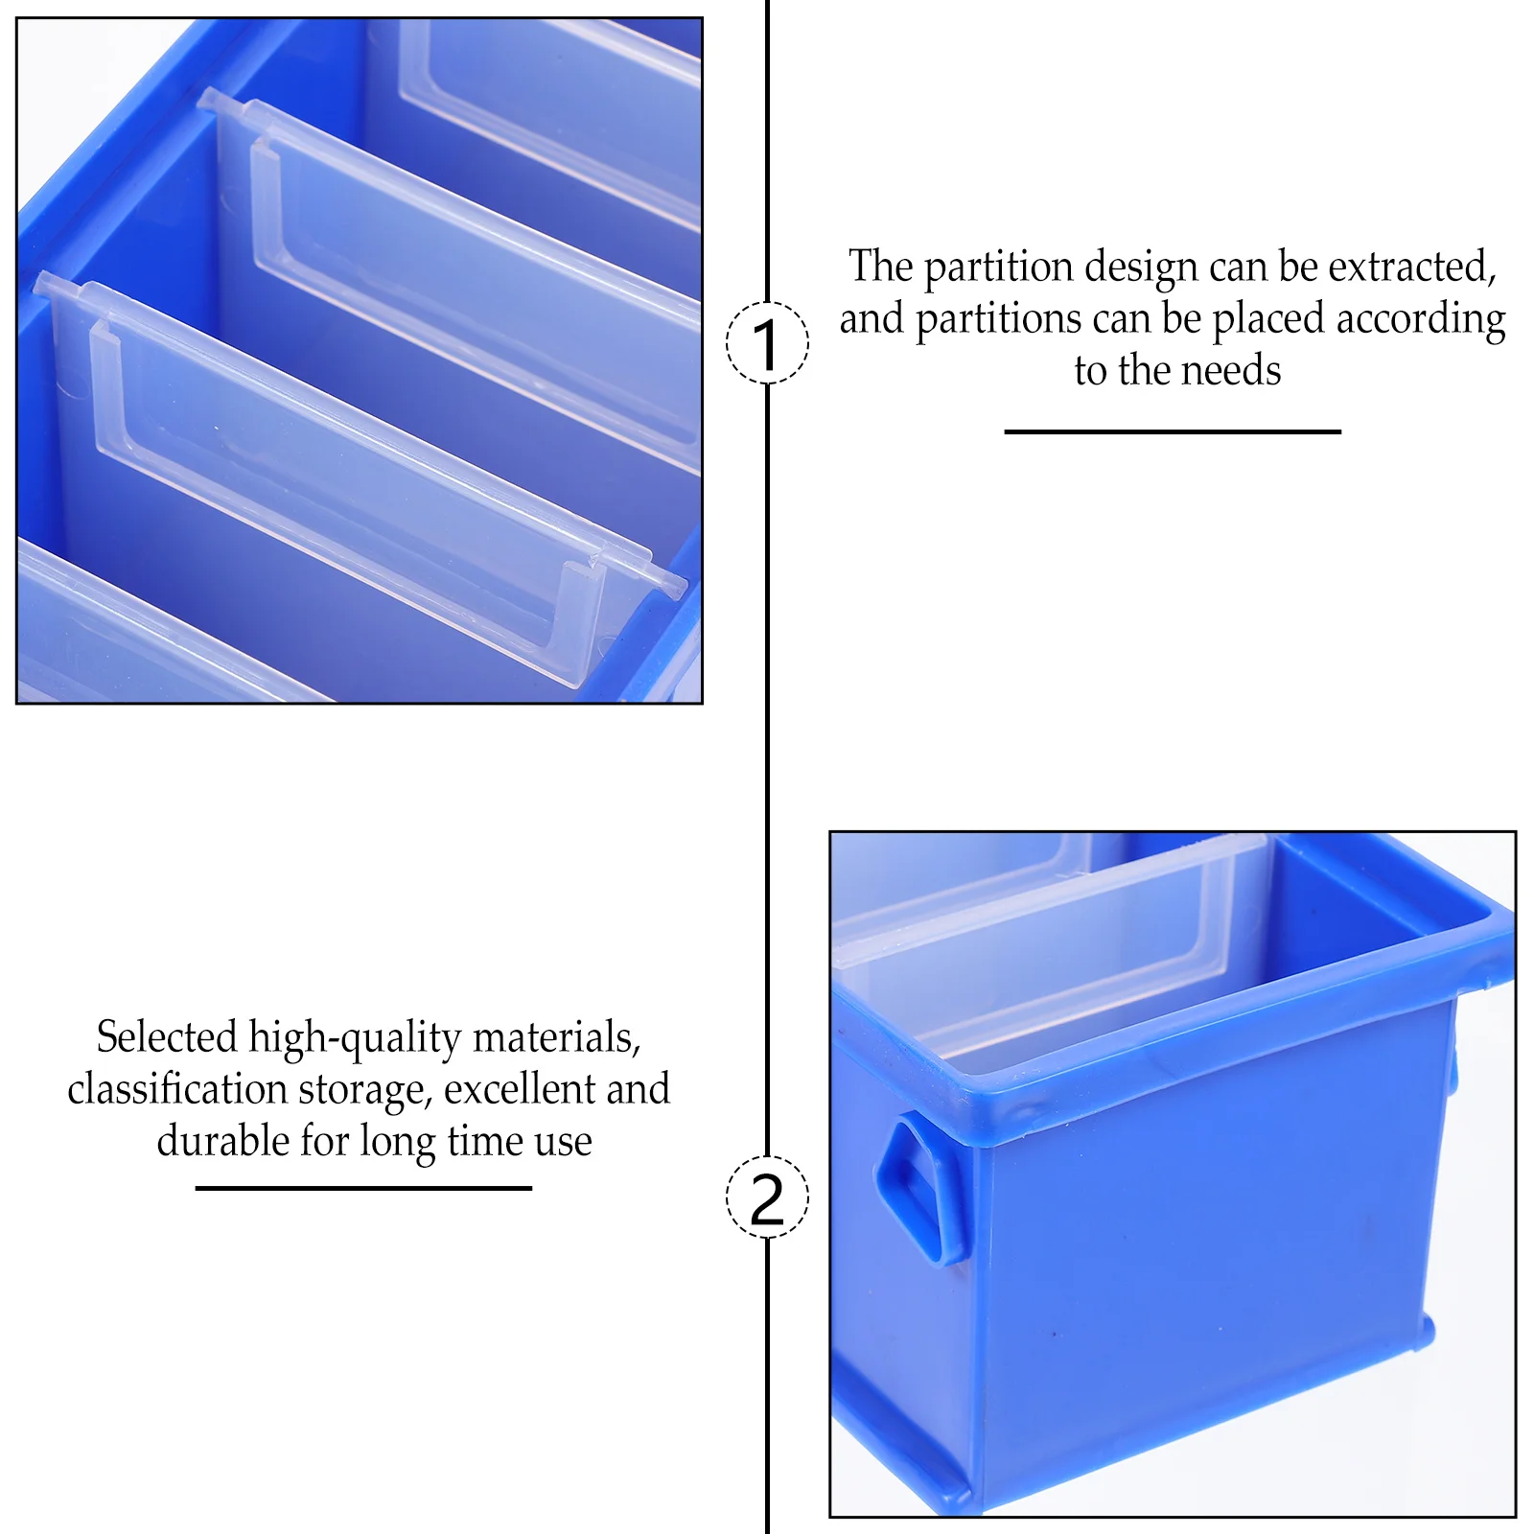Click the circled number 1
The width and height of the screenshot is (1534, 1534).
click(x=767, y=343)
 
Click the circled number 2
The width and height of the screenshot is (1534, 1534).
click(x=767, y=1197)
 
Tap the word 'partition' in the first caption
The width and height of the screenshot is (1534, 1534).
click(x=998, y=267)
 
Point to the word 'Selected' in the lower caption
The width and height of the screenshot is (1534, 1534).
click(x=166, y=1037)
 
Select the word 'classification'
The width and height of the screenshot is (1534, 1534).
click(x=177, y=1089)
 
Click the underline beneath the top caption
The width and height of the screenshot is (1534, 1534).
click(x=1172, y=432)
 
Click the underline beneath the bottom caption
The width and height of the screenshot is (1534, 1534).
click(x=363, y=1189)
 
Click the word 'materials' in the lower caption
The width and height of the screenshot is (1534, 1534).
click(x=555, y=1038)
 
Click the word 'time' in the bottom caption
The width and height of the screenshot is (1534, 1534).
click(x=485, y=1141)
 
